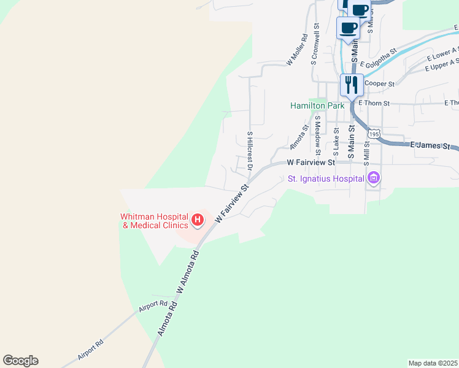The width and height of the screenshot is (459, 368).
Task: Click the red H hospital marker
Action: (x=198, y=219)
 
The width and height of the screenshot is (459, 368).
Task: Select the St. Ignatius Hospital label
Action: (x=326, y=179)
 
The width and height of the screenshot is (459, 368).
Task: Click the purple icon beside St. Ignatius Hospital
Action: (x=374, y=179)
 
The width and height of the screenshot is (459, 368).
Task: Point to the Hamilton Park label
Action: (x=317, y=105)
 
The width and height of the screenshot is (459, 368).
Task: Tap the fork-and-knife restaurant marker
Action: (x=352, y=85)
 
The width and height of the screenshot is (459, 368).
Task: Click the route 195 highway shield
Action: (x=373, y=132)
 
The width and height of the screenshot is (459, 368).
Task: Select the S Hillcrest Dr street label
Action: (x=250, y=150)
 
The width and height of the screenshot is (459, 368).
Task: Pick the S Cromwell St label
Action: (x=315, y=44)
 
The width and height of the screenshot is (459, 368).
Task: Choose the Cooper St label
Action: (x=379, y=83)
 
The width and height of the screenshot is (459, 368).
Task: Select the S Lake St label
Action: (x=336, y=141)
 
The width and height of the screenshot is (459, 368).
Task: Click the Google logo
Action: (x=20, y=361)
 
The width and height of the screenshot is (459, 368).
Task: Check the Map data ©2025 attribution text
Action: (x=433, y=362)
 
